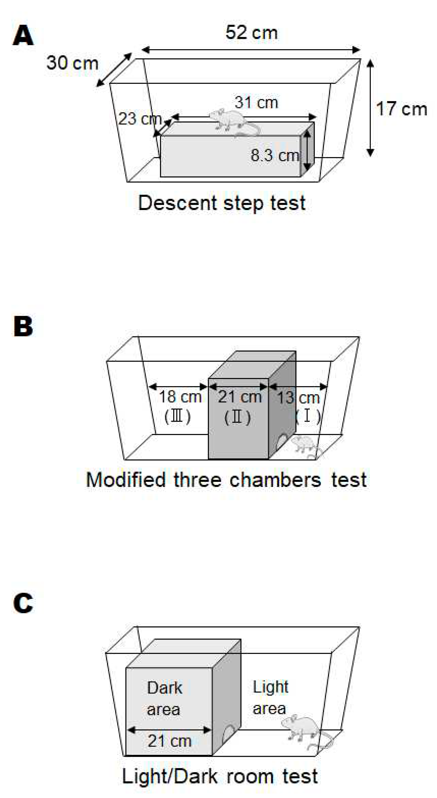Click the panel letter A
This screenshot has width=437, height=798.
(x=23, y=36)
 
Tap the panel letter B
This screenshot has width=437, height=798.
(x=23, y=326)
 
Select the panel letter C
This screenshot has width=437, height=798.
(x=23, y=603)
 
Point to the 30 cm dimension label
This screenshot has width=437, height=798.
(x=72, y=63)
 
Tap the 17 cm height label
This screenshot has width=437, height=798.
(x=401, y=109)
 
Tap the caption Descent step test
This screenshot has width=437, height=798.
(x=222, y=203)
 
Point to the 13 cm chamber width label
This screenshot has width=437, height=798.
(x=298, y=397)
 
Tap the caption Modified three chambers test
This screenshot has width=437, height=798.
(x=226, y=480)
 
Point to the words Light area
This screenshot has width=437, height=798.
(x=270, y=698)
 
